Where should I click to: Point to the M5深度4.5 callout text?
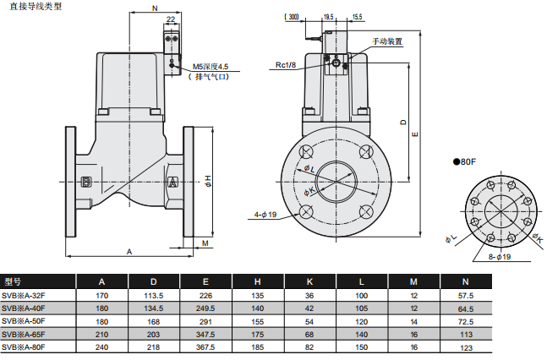tap(211, 66)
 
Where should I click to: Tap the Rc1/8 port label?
tap(285, 64)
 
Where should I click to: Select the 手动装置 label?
tap(387, 41)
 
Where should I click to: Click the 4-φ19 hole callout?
tap(265, 214)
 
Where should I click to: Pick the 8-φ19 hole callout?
tap(501, 256)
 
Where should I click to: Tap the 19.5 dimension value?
tap(327, 16)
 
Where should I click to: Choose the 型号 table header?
tap(12, 281)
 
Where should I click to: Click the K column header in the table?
tap(309, 281)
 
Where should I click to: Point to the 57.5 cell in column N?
tap(465, 295)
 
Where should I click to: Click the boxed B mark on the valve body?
tap(86, 183)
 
